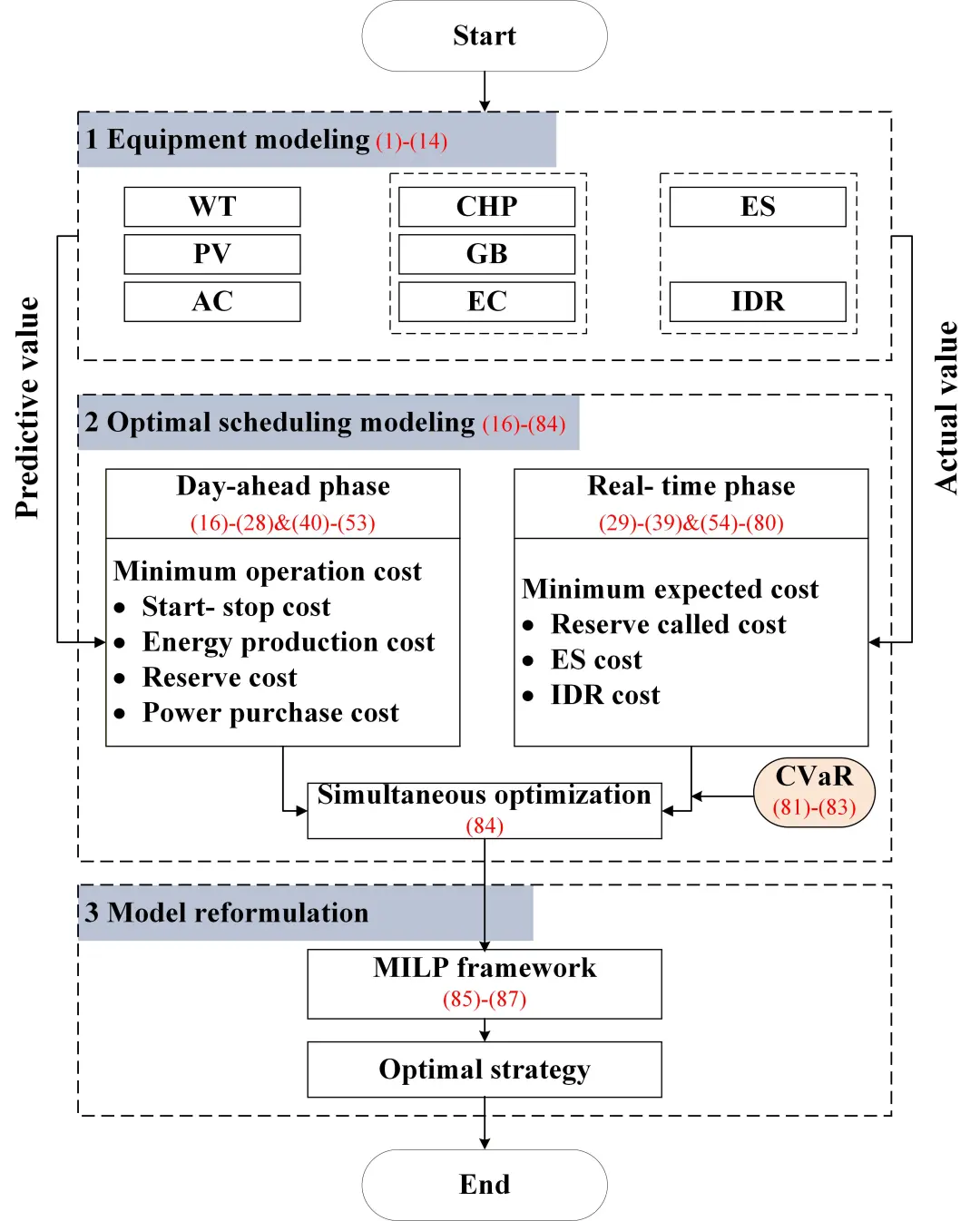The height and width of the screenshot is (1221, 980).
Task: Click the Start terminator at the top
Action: pyautogui.click(x=485, y=36)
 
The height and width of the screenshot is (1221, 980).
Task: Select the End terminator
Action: pyautogui.click(x=485, y=1185)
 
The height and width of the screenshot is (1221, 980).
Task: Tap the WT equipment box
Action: pyautogui.click(x=212, y=207)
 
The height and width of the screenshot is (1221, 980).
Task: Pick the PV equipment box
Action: pyautogui.click(x=212, y=254)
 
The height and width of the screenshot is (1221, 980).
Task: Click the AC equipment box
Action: pyautogui.click(x=212, y=301)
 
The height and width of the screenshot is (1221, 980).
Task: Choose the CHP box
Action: pyautogui.click(x=486, y=207)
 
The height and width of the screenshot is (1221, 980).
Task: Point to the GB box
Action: pyautogui.click(x=486, y=254)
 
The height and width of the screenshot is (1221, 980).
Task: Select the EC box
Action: pyautogui.click(x=486, y=301)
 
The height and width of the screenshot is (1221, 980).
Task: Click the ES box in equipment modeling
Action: pyautogui.click(x=758, y=207)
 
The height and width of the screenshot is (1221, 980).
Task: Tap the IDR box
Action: pyautogui.click(x=758, y=301)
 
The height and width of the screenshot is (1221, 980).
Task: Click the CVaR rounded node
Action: pyautogui.click(x=814, y=792)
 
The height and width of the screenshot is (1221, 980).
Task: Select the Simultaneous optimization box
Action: pyautogui.click(x=485, y=810)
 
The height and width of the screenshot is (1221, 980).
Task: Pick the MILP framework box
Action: pyautogui.click(x=485, y=983)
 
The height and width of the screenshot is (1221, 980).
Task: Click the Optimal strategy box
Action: pyautogui.click(x=485, y=1070)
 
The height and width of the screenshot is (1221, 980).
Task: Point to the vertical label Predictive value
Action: pyautogui.click(x=27, y=408)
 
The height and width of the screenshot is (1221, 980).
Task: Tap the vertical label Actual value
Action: pyautogui.click(x=946, y=408)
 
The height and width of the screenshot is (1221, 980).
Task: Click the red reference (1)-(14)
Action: pyautogui.click(x=411, y=142)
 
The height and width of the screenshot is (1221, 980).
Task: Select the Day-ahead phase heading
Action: pyautogui.click(x=283, y=487)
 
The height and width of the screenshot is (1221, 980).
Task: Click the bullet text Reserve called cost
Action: pyautogui.click(x=668, y=625)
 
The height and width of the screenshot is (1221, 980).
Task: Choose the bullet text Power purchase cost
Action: pyautogui.click(x=270, y=714)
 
